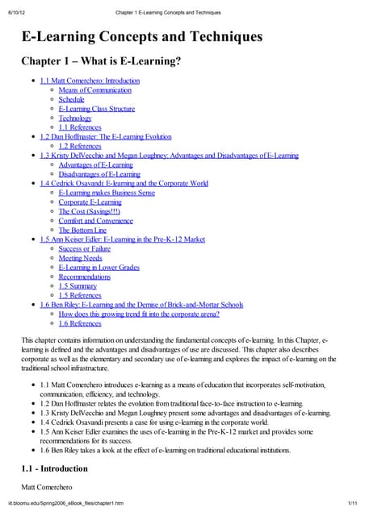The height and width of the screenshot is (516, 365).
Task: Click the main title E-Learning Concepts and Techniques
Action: tap(141, 37)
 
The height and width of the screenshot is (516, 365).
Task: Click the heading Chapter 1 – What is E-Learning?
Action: tap(101, 62)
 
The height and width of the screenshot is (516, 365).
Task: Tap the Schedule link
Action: tap(71, 99)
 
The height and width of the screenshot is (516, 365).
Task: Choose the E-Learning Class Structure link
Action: tap(96, 109)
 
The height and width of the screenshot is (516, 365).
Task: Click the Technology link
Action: tap(75, 118)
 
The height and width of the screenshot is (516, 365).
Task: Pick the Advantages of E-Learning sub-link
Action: tap(95, 164)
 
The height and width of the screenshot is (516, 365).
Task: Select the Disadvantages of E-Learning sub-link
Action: tap(99, 173)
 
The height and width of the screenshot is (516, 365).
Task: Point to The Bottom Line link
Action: tap(82, 230)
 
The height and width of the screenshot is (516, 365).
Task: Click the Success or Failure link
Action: tap(84, 248)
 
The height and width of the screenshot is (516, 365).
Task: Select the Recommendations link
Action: tap(86, 277)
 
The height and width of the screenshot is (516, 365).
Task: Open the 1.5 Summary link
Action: tap(78, 285)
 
